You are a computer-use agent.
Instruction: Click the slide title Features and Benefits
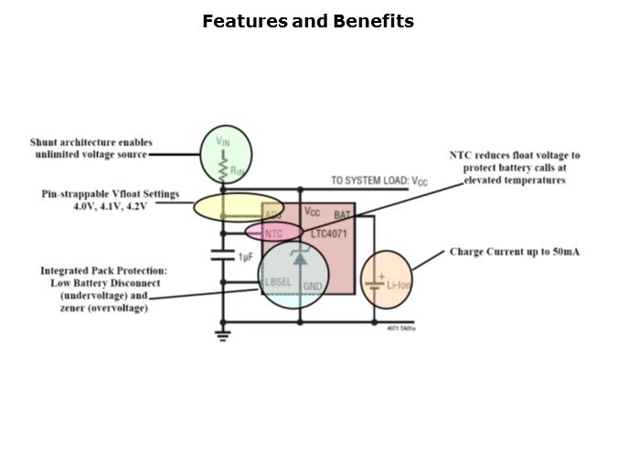tap(308, 20)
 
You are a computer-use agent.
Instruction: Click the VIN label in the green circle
tap(223, 142)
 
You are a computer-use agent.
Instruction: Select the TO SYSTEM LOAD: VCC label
tap(378, 182)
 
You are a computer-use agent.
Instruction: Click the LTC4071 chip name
tap(328, 235)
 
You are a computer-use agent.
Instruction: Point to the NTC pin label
tap(272, 233)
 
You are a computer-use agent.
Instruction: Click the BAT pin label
tap(342, 215)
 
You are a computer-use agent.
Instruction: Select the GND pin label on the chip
tap(314, 286)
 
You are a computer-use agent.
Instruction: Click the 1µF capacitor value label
tap(245, 257)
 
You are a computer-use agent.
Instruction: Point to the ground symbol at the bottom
tap(221, 335)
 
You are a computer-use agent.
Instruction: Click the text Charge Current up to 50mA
tap(514, 252)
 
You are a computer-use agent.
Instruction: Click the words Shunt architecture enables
tap(91, 142)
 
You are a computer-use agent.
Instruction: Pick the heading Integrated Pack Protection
tap(103, 271)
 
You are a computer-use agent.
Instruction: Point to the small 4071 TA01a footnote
tap(400, 327)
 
